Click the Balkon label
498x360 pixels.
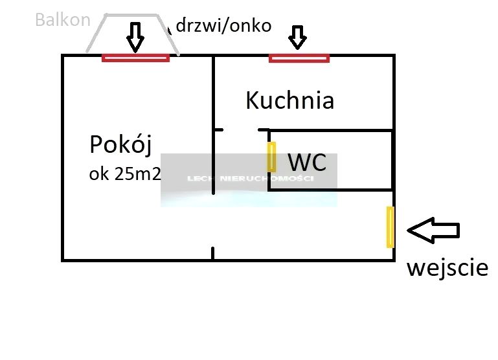pyautogui.click(x=63, y=20)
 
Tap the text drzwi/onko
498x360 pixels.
pyautogui.click(x=223, y=26)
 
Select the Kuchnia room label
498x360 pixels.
pyautogui.click(x=289, y=100)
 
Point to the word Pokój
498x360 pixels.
pyautogui.click(x=120, y=145)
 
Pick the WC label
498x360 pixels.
pyautogui.click(x=308, y=163)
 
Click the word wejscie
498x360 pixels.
pyautogui.click(x=447, y=267)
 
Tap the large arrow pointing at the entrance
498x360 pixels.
pyautogui.click(x=433, y=230)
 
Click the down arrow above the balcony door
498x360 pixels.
pyautogui.click(x=135, y=37)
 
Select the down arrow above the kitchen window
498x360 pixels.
pyautogui.click(x=297, y=37)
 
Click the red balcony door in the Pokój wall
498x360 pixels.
pyautogui.click(x=135, y=58)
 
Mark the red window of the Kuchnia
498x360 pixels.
pyautogui.click(x=299, y=58)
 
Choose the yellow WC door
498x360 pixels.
pyautogui.click(x=272, y=157)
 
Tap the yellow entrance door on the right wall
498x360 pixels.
pyautogui.click(x=390, y=227)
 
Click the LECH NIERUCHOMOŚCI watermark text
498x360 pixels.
pyautogui.click(x=250, y=179)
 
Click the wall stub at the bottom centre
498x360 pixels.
pyautogui.click(x=213, y=253)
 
